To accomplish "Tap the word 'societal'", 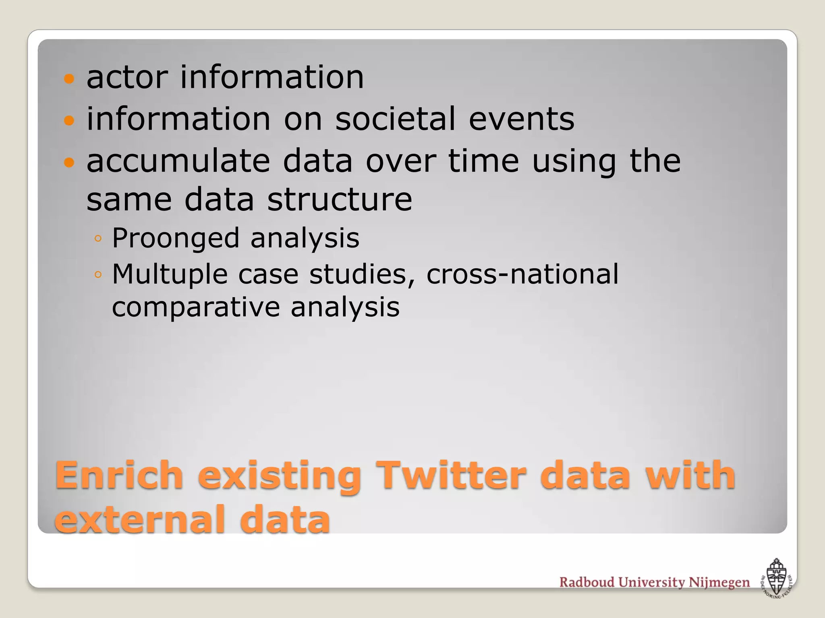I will click(395, 119).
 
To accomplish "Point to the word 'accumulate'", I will click(178, 161).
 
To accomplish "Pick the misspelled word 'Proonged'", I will click(175, 238).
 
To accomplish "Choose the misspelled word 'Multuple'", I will click(170, 274).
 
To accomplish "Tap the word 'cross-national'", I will click(522, 274).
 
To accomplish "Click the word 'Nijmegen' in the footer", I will click(719, 583).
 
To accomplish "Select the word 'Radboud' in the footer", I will click(587, 582).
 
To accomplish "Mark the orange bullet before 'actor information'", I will click(69, 78).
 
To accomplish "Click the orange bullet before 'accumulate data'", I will click(69, 163).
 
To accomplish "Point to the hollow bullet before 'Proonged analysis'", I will click(97, 239).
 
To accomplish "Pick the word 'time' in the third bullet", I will click(483, 161).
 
